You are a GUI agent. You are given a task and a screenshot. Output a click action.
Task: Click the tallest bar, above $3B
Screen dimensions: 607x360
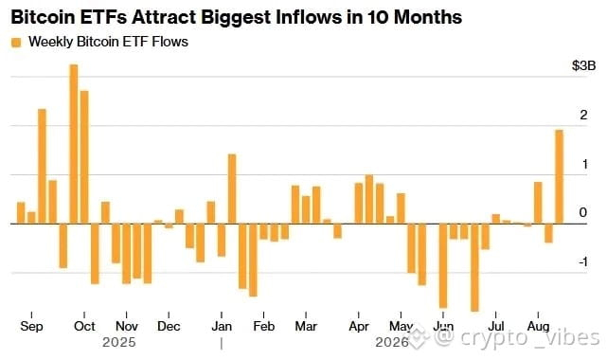(74, 144)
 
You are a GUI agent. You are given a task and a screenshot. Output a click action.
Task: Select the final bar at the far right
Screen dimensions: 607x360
(559, 176)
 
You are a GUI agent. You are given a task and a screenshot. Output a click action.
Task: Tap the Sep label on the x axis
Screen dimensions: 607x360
(31, 326)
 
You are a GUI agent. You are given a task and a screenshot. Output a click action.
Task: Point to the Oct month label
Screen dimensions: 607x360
(84, 326)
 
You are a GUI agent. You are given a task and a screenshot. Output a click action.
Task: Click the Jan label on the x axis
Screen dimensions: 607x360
(222, 326)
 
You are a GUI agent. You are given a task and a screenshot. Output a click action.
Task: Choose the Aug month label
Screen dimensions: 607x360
(538, 326)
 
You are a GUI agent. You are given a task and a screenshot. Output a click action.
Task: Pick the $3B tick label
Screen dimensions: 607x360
(583, 65)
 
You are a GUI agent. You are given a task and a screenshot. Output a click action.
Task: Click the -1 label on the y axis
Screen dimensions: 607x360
(583, 261)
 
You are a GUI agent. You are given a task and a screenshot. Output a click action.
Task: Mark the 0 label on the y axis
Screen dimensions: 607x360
(583, 212)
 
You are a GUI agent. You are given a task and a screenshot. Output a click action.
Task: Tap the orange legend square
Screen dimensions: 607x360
(16, 43)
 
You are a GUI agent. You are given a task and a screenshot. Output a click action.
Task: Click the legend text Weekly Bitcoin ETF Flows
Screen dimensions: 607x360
(108, 42)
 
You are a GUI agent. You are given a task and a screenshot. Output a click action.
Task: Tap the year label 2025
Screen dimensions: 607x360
(119, 343)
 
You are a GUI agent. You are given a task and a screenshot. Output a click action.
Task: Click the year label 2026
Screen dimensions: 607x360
(392, 343)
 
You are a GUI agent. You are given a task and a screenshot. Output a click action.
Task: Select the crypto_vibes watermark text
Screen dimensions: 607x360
(517, 337)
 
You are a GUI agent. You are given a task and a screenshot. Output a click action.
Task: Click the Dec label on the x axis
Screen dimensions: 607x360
(169, 326)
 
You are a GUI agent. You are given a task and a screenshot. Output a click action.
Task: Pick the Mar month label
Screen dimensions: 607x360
(306, 326)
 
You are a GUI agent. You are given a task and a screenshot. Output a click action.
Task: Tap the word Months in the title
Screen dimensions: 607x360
(428, 17)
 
